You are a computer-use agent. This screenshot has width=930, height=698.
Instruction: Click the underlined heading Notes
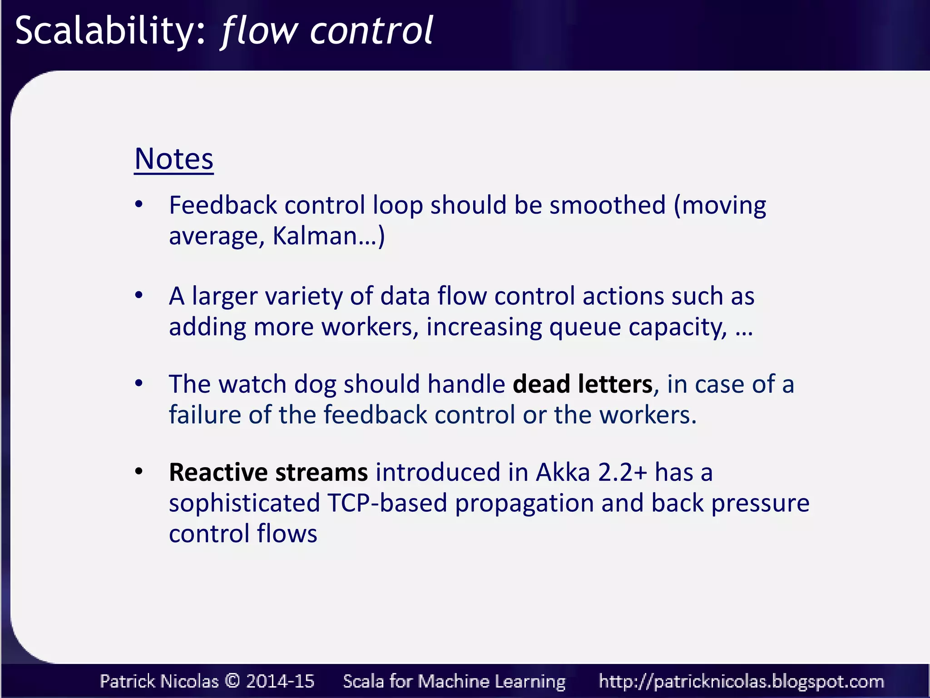pyautogui.click(x=174, y=159)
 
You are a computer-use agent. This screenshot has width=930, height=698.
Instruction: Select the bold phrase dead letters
pyautogui.click(x=583, y=384)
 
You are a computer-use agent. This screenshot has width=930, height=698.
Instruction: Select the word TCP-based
pyautogui.click(x=387, y=503)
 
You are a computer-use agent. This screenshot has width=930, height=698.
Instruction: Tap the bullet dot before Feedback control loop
pyautogui.click(x=139, y=204)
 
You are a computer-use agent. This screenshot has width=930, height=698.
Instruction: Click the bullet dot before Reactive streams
pyautogui.click(x=139, y=471)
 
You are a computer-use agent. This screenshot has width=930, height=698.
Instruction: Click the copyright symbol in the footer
pyautogui.click(x=232, y=681)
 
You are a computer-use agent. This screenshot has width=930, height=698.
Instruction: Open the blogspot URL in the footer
pyautogui.click(x=741, y=681)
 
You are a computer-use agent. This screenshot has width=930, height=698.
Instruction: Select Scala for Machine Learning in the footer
pyautogui.click(x=454, y=681)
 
